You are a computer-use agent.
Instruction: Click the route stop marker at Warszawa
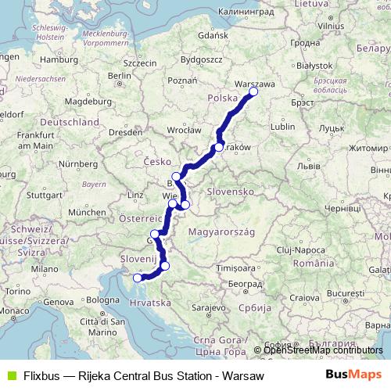click(253, 91)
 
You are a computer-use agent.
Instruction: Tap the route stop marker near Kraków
click(219, 147)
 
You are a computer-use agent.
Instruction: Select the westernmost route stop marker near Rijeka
click(138, 277)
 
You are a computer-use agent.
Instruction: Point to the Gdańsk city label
click(191, 36)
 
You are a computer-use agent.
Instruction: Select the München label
click(88, 212)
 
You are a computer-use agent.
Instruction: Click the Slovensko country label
click(228, 191)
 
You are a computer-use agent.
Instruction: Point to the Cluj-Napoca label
click(293, 248)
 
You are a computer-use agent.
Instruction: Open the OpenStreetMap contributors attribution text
click(323, 350)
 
